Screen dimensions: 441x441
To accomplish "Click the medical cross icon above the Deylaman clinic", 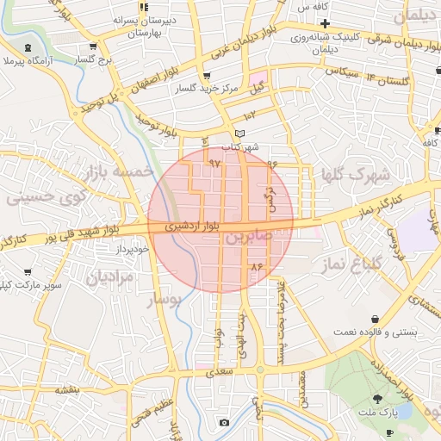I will pyautogui.click(x=324, y=22).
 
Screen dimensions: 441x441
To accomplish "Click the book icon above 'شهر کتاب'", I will pyautogui.click(x=239, y=134).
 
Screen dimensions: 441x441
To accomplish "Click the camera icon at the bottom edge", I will pyautogui.click(x=224, y=422).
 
